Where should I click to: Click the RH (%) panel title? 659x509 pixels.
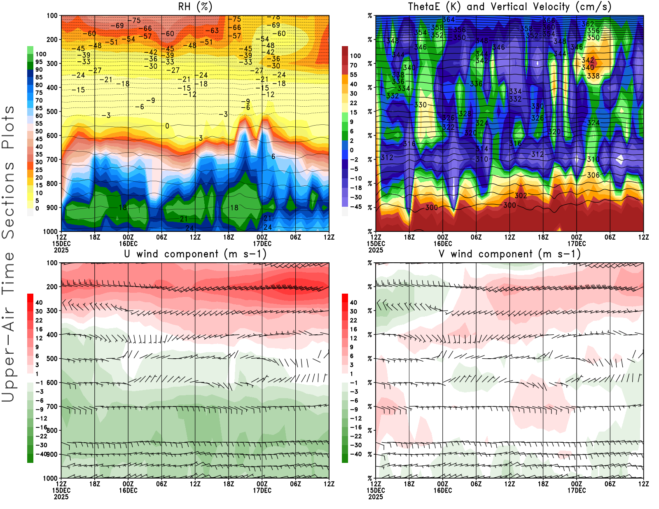point(195,7)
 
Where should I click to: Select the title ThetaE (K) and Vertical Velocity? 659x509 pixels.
point(509,7)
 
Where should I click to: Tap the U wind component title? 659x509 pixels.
point(195,254)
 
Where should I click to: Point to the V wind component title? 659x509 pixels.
point(509,254)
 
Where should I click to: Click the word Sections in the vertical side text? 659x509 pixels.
point(8,200)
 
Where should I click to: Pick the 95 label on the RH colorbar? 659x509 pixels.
point(39,62)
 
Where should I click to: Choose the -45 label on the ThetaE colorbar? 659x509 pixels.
point(356,207)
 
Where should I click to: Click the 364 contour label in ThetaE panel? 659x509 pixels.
point(449,20)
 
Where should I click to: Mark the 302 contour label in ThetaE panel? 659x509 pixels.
point(521,196)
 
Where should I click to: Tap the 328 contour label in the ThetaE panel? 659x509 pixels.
point(465,114)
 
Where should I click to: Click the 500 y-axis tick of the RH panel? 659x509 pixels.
point(52,112)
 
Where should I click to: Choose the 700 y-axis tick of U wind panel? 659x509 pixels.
point(52,406)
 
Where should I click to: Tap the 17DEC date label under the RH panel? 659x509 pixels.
point(262,243)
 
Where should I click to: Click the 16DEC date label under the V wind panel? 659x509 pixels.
point(443,490)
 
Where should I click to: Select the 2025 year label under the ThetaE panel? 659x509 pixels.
point(376,250)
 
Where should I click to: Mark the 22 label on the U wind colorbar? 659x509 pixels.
point(39,320)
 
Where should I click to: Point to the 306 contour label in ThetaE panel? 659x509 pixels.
point(593,175)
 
